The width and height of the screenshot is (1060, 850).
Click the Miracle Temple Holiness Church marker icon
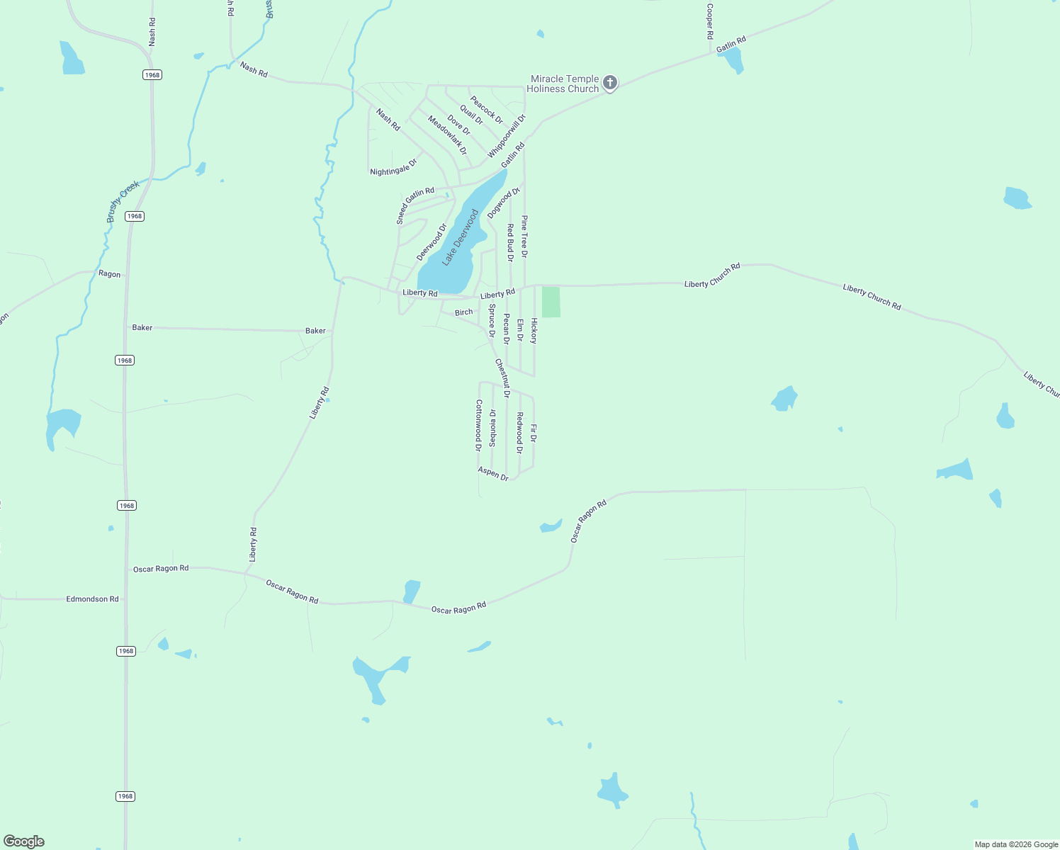tap(610, 83)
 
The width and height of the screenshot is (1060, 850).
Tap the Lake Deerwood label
tap(461, 237)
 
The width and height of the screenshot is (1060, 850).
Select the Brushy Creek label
tap(123, 202)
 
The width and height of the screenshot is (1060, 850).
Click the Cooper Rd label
tap(709, 21)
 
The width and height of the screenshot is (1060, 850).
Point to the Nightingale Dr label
tap(393, 167)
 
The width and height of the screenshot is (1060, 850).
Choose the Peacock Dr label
tap(487, 110)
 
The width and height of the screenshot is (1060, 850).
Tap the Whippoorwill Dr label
tap(507, 136)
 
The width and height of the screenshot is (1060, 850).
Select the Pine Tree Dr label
tap(524, 237)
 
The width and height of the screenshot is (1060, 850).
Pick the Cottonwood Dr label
tap(479, 425)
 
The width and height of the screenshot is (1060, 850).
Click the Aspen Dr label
tap(493, 474)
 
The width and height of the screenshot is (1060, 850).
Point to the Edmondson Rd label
tap(92, 599)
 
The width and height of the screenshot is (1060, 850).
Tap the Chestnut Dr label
tap(502, 378)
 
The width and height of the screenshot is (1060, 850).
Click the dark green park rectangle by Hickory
tap(551, 302)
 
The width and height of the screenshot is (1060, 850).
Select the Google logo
tap(24, 841)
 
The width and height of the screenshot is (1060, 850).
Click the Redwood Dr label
tap(519, 433)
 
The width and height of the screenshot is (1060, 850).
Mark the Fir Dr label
tap(534, 433)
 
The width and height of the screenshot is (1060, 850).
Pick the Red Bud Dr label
tap(510, 243)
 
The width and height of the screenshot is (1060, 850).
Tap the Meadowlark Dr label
tap(447, 135)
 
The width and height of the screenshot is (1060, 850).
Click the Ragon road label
tap(109, 274)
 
